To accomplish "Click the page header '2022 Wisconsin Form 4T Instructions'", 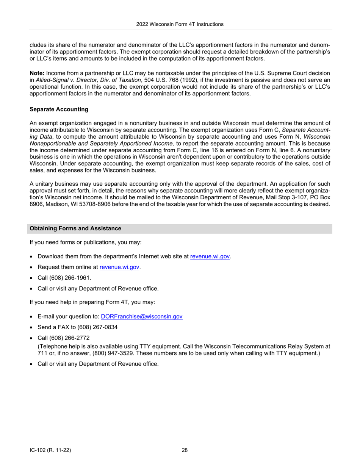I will tap(180, 24).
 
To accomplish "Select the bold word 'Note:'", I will tap(37, 73).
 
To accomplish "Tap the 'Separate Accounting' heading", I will tap(59, 109).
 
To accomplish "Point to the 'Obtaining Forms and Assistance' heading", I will tap(75, 228).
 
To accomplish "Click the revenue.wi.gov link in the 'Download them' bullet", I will tap(210, 256).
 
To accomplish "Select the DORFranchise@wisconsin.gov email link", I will tap(142, 316).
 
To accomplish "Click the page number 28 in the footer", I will tap(185, 450).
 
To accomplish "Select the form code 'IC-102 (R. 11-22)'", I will tap(50, 450).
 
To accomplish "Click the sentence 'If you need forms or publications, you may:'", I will tap(85, 242).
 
